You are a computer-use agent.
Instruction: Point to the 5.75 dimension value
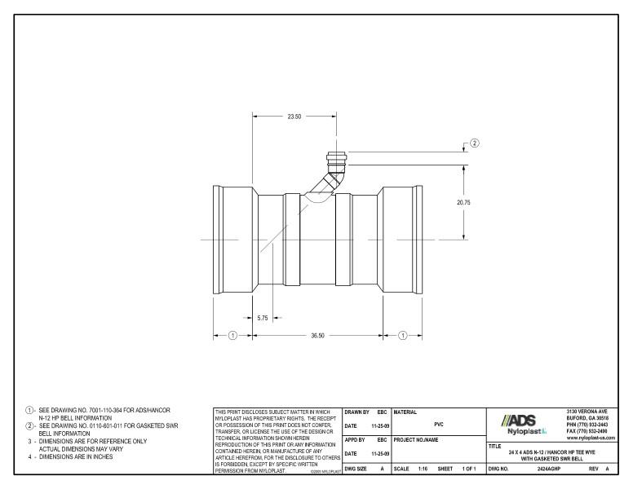tap(262, 318)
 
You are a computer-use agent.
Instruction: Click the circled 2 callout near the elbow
tap(474, 143)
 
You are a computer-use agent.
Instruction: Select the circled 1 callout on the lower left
tap(232, 335)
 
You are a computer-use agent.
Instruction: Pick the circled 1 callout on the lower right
tap(402, 335)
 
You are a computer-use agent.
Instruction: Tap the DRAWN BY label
tap(360, 413)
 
